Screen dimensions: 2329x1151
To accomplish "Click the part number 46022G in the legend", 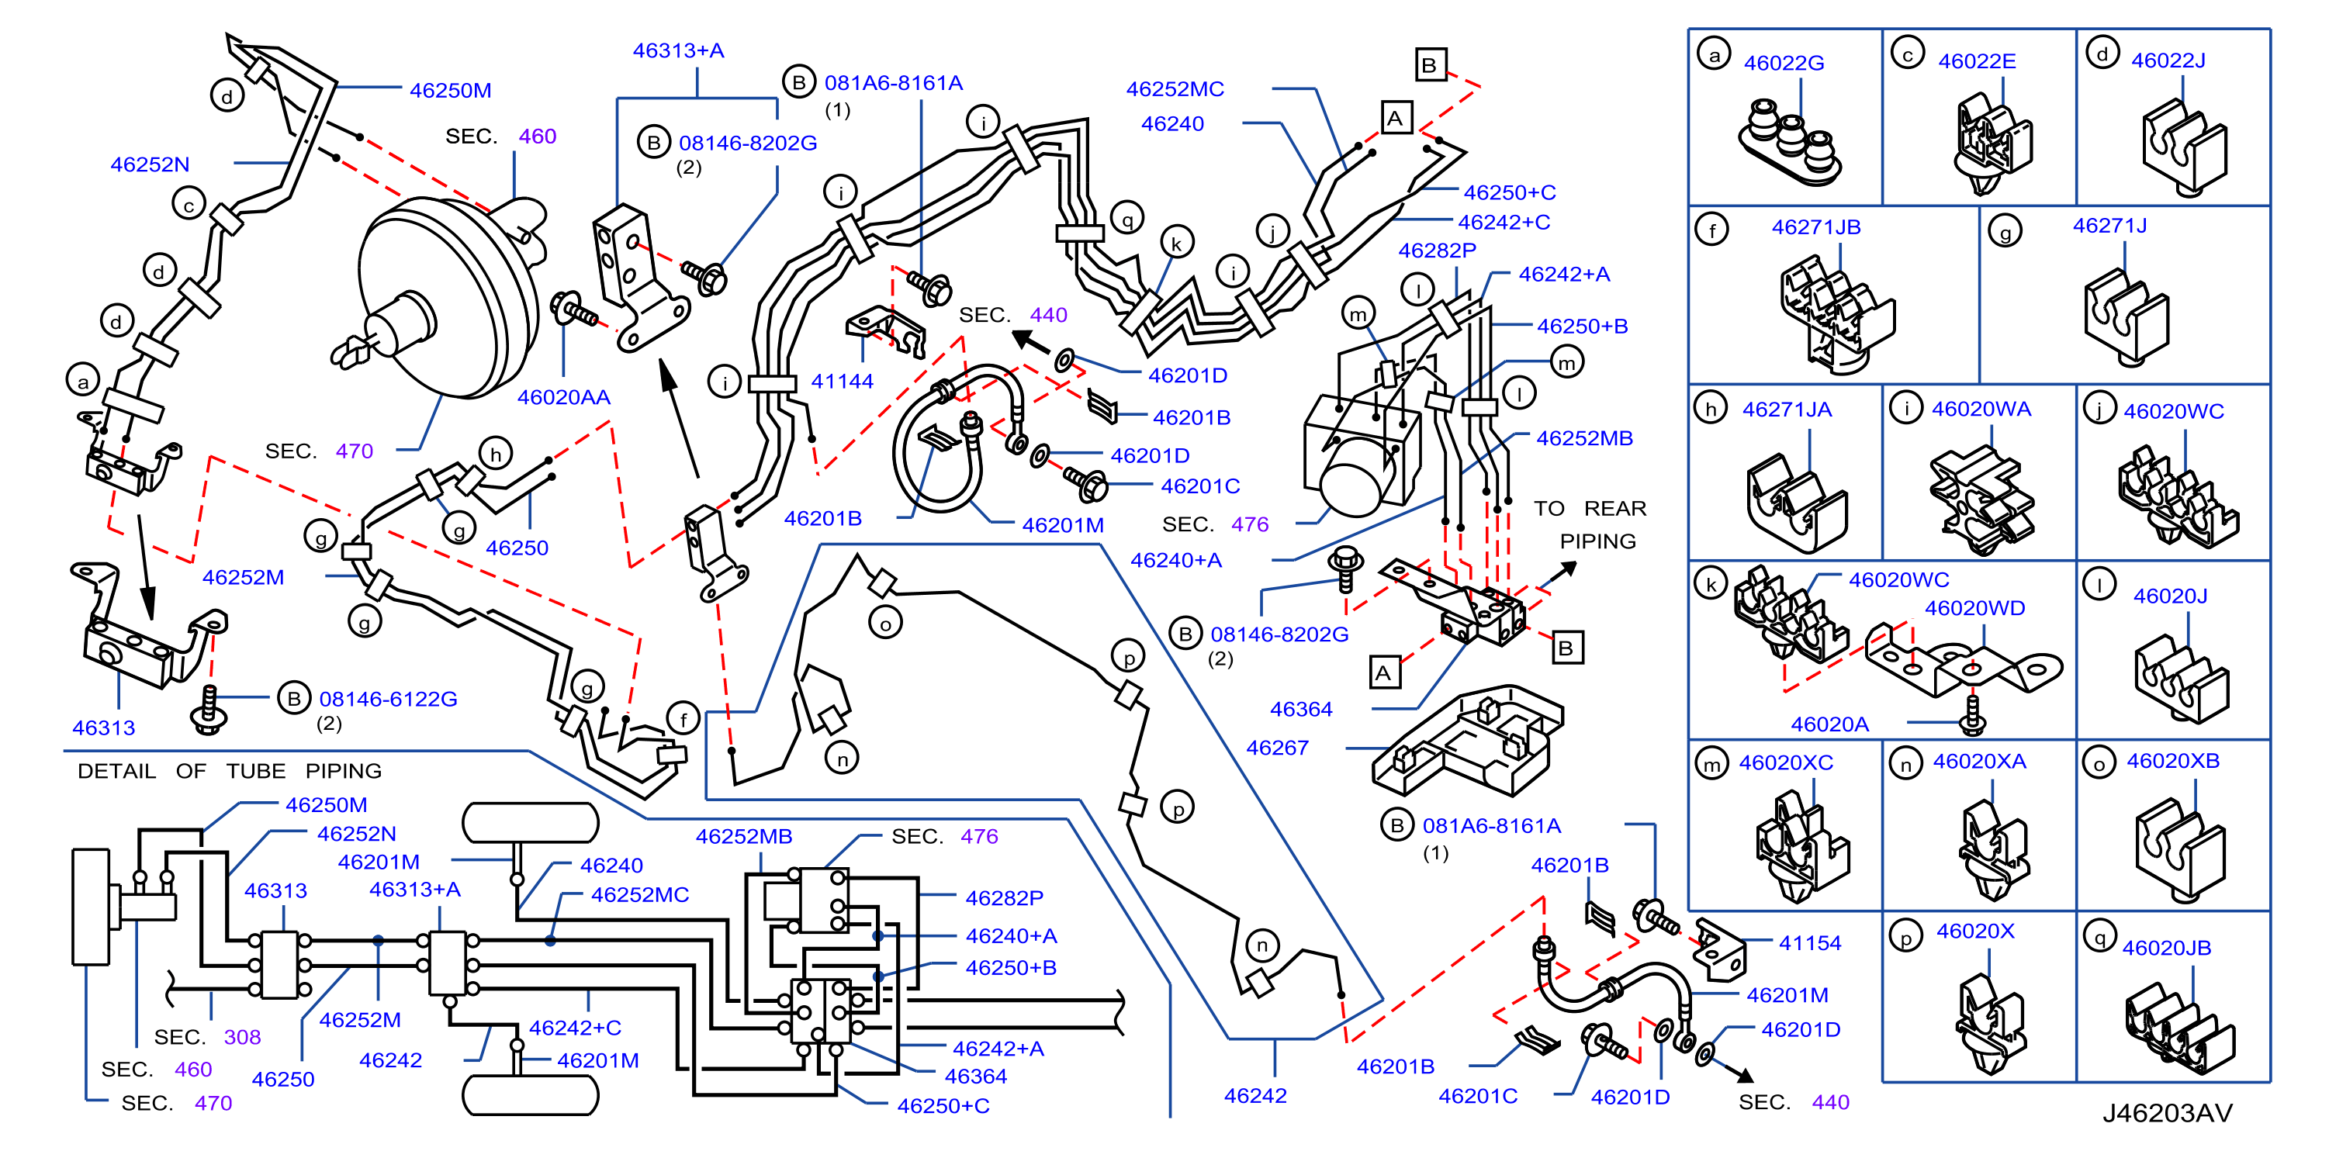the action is tap(1783, 64).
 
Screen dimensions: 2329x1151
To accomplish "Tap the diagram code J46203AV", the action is tap(2166, 1113).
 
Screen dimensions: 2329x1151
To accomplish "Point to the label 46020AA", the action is tap(563, 397).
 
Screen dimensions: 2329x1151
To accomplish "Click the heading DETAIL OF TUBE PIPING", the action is tap(230, 771).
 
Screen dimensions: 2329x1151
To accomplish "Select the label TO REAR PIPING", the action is tap(1590, 524).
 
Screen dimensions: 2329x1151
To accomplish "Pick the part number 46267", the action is tap(1277, 748).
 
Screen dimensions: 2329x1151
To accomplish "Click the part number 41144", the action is tap(842, 382).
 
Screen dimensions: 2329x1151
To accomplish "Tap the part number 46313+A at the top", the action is tap(678, 50).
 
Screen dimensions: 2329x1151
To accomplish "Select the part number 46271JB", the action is tap(1815, 227).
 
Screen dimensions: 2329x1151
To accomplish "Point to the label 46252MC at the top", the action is tap(1175, 89).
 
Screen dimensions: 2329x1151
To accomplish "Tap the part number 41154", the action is tap(1809, 943).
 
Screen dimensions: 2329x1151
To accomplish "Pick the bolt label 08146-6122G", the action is tap(388, 699).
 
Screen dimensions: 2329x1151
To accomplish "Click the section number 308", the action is tap(242, 1037).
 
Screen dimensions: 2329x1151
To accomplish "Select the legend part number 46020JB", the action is tap(2166, 948).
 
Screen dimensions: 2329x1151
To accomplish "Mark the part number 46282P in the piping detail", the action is tap(1004, 898).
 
